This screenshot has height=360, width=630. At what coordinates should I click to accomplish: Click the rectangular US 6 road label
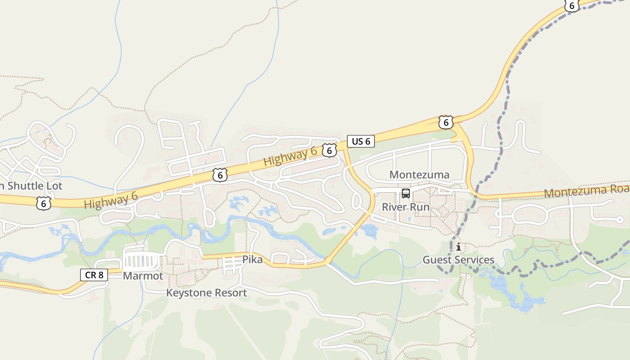pyautogui.click(x=360, y=141)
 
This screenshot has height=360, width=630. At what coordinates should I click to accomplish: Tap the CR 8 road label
pyautogui.click(x=94, y=274)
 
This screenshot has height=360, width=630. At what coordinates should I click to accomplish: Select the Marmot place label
pyautogui.click(x=143, y=276)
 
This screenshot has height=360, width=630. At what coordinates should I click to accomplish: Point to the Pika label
pyautogui.click(x=252, y=260)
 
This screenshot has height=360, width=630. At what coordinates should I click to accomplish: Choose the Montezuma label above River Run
pyautogui.click(x=419, y=175)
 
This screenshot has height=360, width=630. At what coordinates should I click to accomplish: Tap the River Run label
pyautogui.click(x=405, y=207)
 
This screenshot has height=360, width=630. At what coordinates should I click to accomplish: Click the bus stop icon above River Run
pyautogui.click(x=406, y=194)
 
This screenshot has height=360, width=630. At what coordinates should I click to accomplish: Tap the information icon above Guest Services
pyautogui.click(x=458, y=247)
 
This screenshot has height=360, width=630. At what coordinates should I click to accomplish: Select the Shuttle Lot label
pyautogui.click(x=34, y=186)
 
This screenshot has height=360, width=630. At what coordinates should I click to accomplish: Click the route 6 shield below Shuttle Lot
pyautogui.click(x=43, y=203)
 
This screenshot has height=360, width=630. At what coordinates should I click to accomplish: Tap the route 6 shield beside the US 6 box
pyautogui.click(x=329, y=150)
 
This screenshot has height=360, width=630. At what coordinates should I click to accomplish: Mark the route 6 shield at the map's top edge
pyautogui.click(x=571, y=5)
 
